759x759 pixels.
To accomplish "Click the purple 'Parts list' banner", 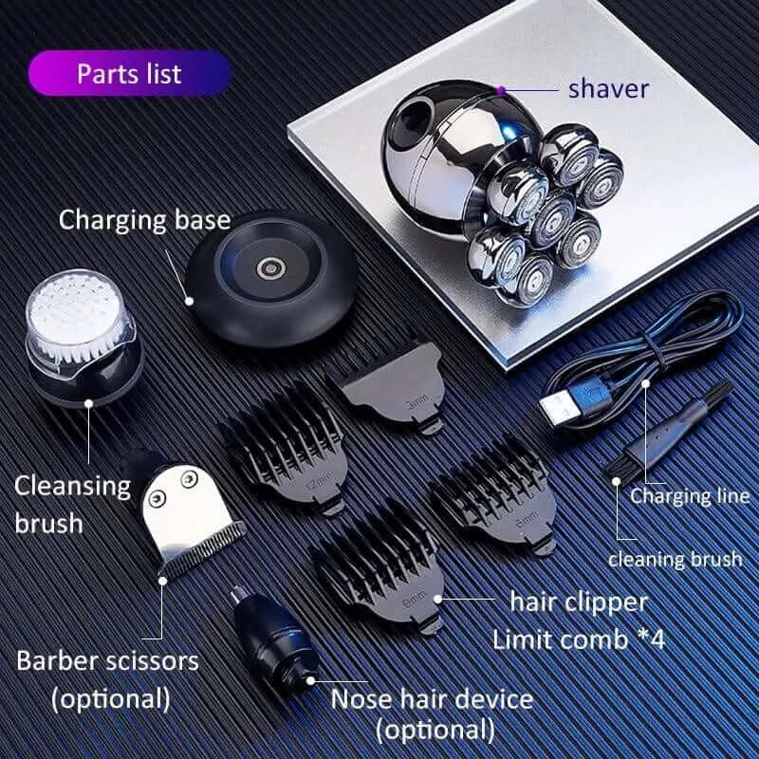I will pyautogui.click(x=129, y=73).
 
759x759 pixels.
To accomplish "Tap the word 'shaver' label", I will pyautogui.click(x=608, y=89).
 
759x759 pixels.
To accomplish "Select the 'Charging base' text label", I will pyautogui.click(x=144, y=220).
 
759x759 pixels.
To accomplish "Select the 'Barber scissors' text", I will pyautogui.click(x=107, y=659).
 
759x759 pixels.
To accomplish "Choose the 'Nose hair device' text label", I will pyautogui.click(x=432, y=700).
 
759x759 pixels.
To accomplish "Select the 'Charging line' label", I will pyautogui.click(x=689, y=495).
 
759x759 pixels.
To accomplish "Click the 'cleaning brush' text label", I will pyautogui.click(x=675, y=558).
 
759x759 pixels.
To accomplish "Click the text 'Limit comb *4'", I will pyautogui.click(x=579, y=638).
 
